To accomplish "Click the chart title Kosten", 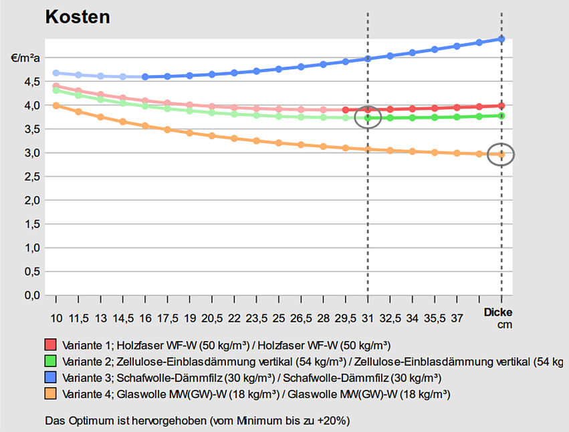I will click(77, 17).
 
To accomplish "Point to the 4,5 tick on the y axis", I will click(31, 82).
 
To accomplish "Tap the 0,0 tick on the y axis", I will click(31, 295).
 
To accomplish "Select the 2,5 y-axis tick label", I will click(31, 177).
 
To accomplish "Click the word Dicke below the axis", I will click(498, 312).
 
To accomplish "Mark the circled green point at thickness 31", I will click(368, 118).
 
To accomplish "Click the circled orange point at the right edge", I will click(501, 155).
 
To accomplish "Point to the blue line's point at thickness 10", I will click(56, 73).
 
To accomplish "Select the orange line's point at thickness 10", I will click(56, 105).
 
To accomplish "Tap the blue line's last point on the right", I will click(501, 39).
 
